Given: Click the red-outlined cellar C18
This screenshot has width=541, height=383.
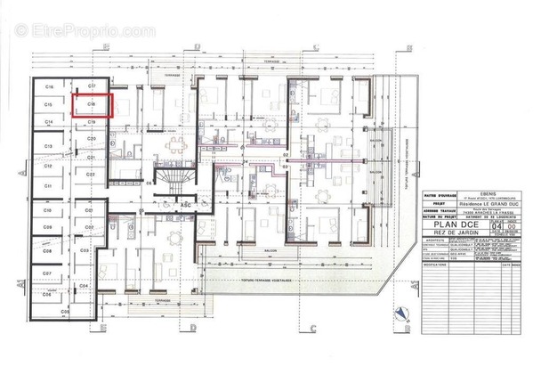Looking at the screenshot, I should tap(91, 105).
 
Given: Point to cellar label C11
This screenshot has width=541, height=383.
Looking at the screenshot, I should tap(49, 184).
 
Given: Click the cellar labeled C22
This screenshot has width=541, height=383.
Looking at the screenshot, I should tap(91, 175).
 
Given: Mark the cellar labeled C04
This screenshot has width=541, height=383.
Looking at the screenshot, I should tap(84, 285).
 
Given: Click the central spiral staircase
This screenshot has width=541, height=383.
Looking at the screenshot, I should tap(175, 182).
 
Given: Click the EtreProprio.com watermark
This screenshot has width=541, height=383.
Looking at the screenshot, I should tap(85, 31).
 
